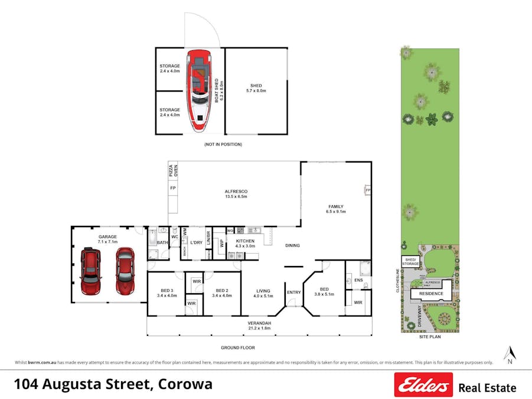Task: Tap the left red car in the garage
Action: coord(91,273)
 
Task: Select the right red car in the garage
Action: coord(125,271)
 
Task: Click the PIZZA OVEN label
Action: coord(173,171)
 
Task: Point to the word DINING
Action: coord(292,245)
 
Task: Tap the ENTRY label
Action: coord(293,292)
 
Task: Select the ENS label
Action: coord(358,280)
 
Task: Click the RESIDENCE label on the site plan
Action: coord(431,293)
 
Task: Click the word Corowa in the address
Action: coord(184,384)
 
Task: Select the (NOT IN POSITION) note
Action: coord(223,144)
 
